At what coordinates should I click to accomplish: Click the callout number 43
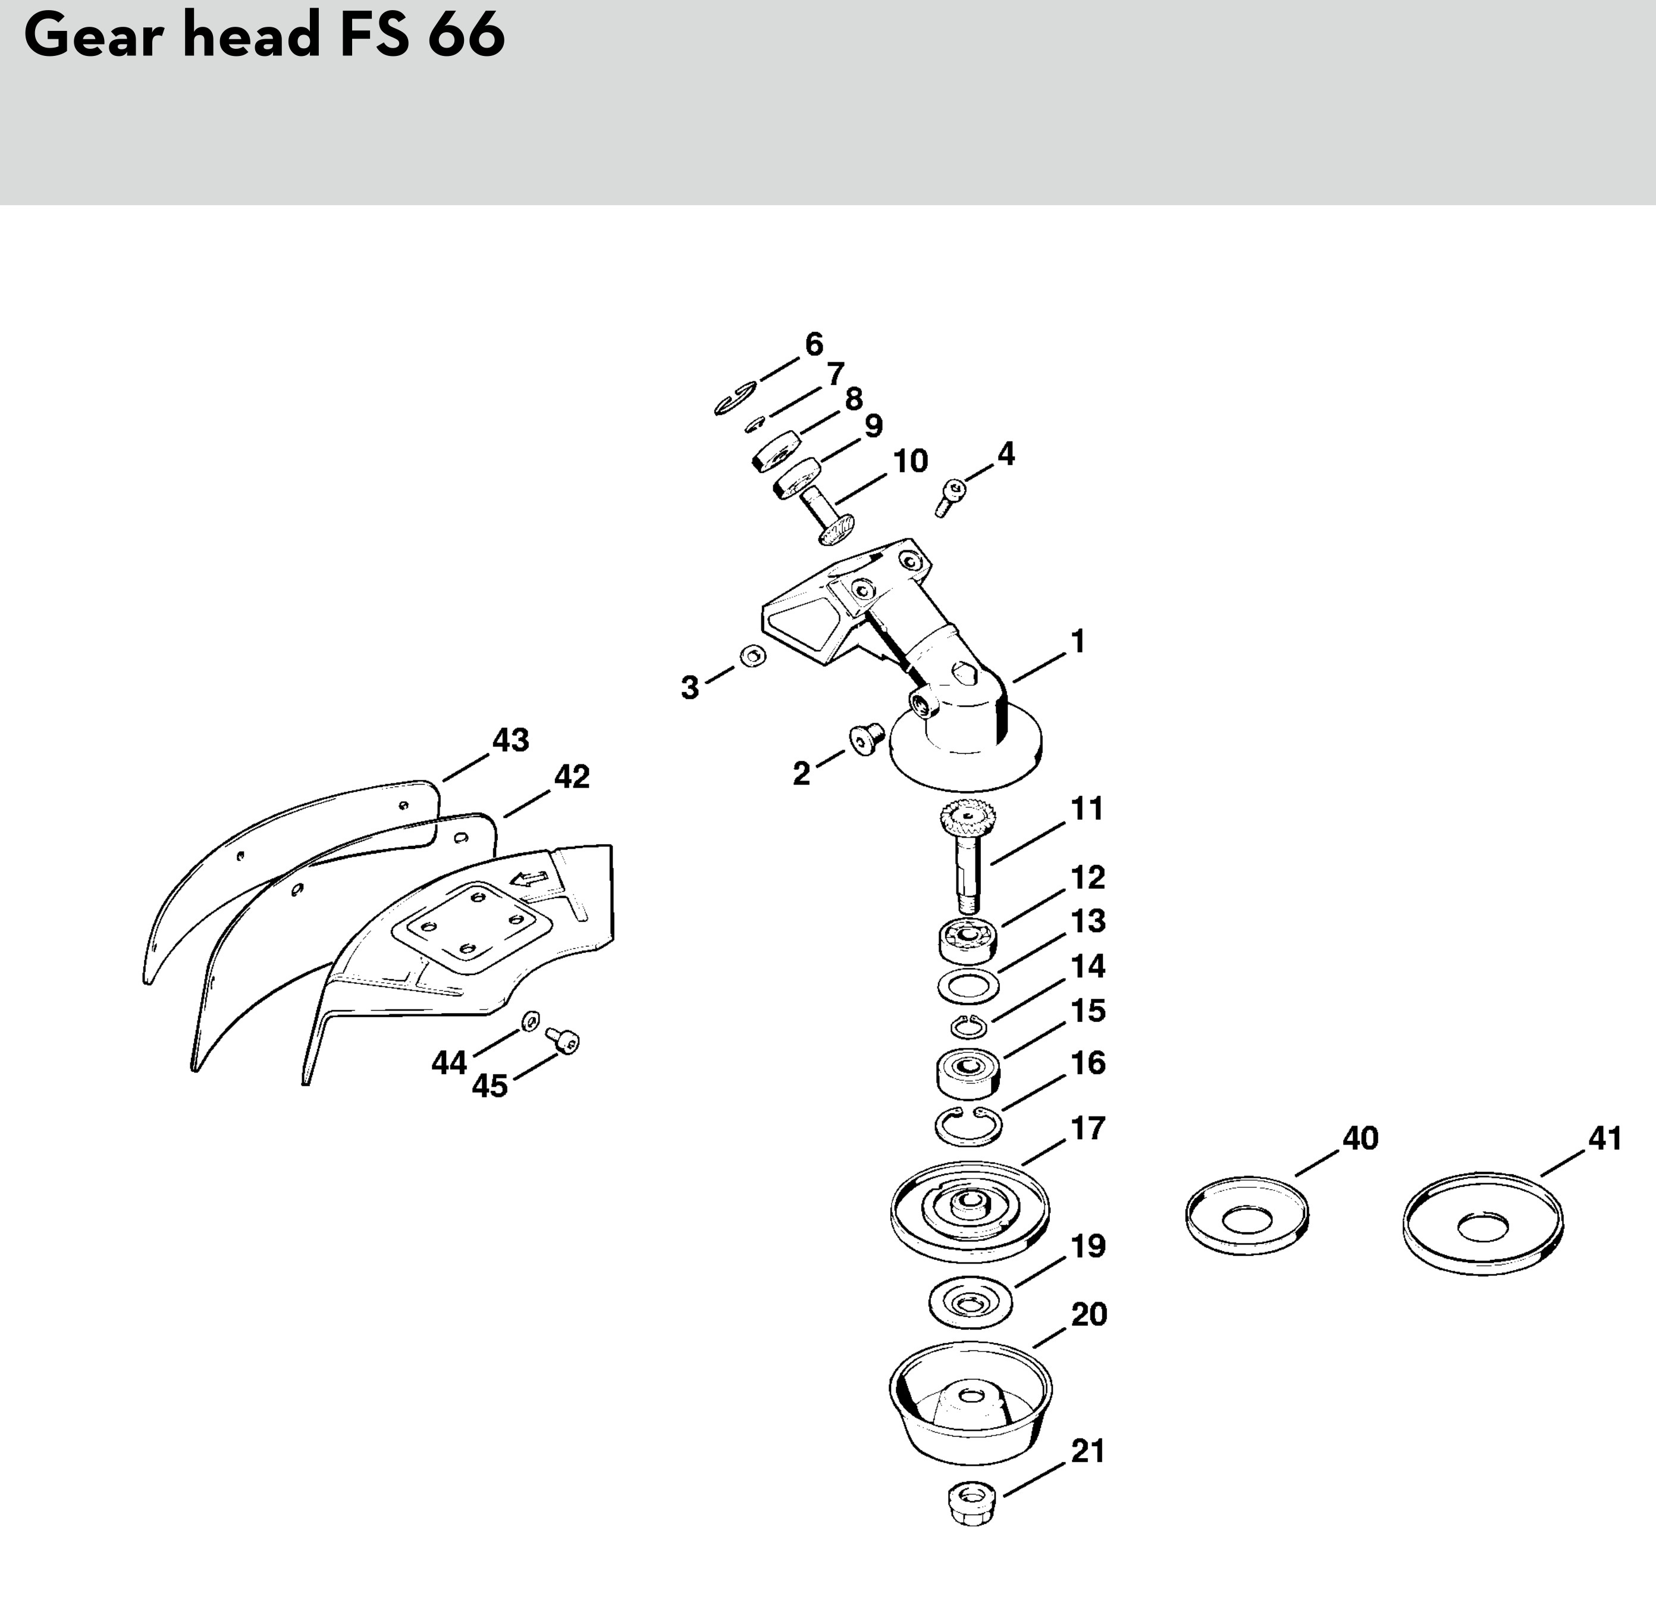coord(510,741)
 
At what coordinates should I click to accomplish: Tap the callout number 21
coord(1088,1451)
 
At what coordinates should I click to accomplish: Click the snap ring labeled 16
coord(969,1125)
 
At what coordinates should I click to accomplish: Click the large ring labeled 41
coord(1483,1222)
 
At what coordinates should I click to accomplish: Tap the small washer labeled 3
coord(752,656)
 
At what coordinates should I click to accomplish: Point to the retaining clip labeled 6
coord(734,400)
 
